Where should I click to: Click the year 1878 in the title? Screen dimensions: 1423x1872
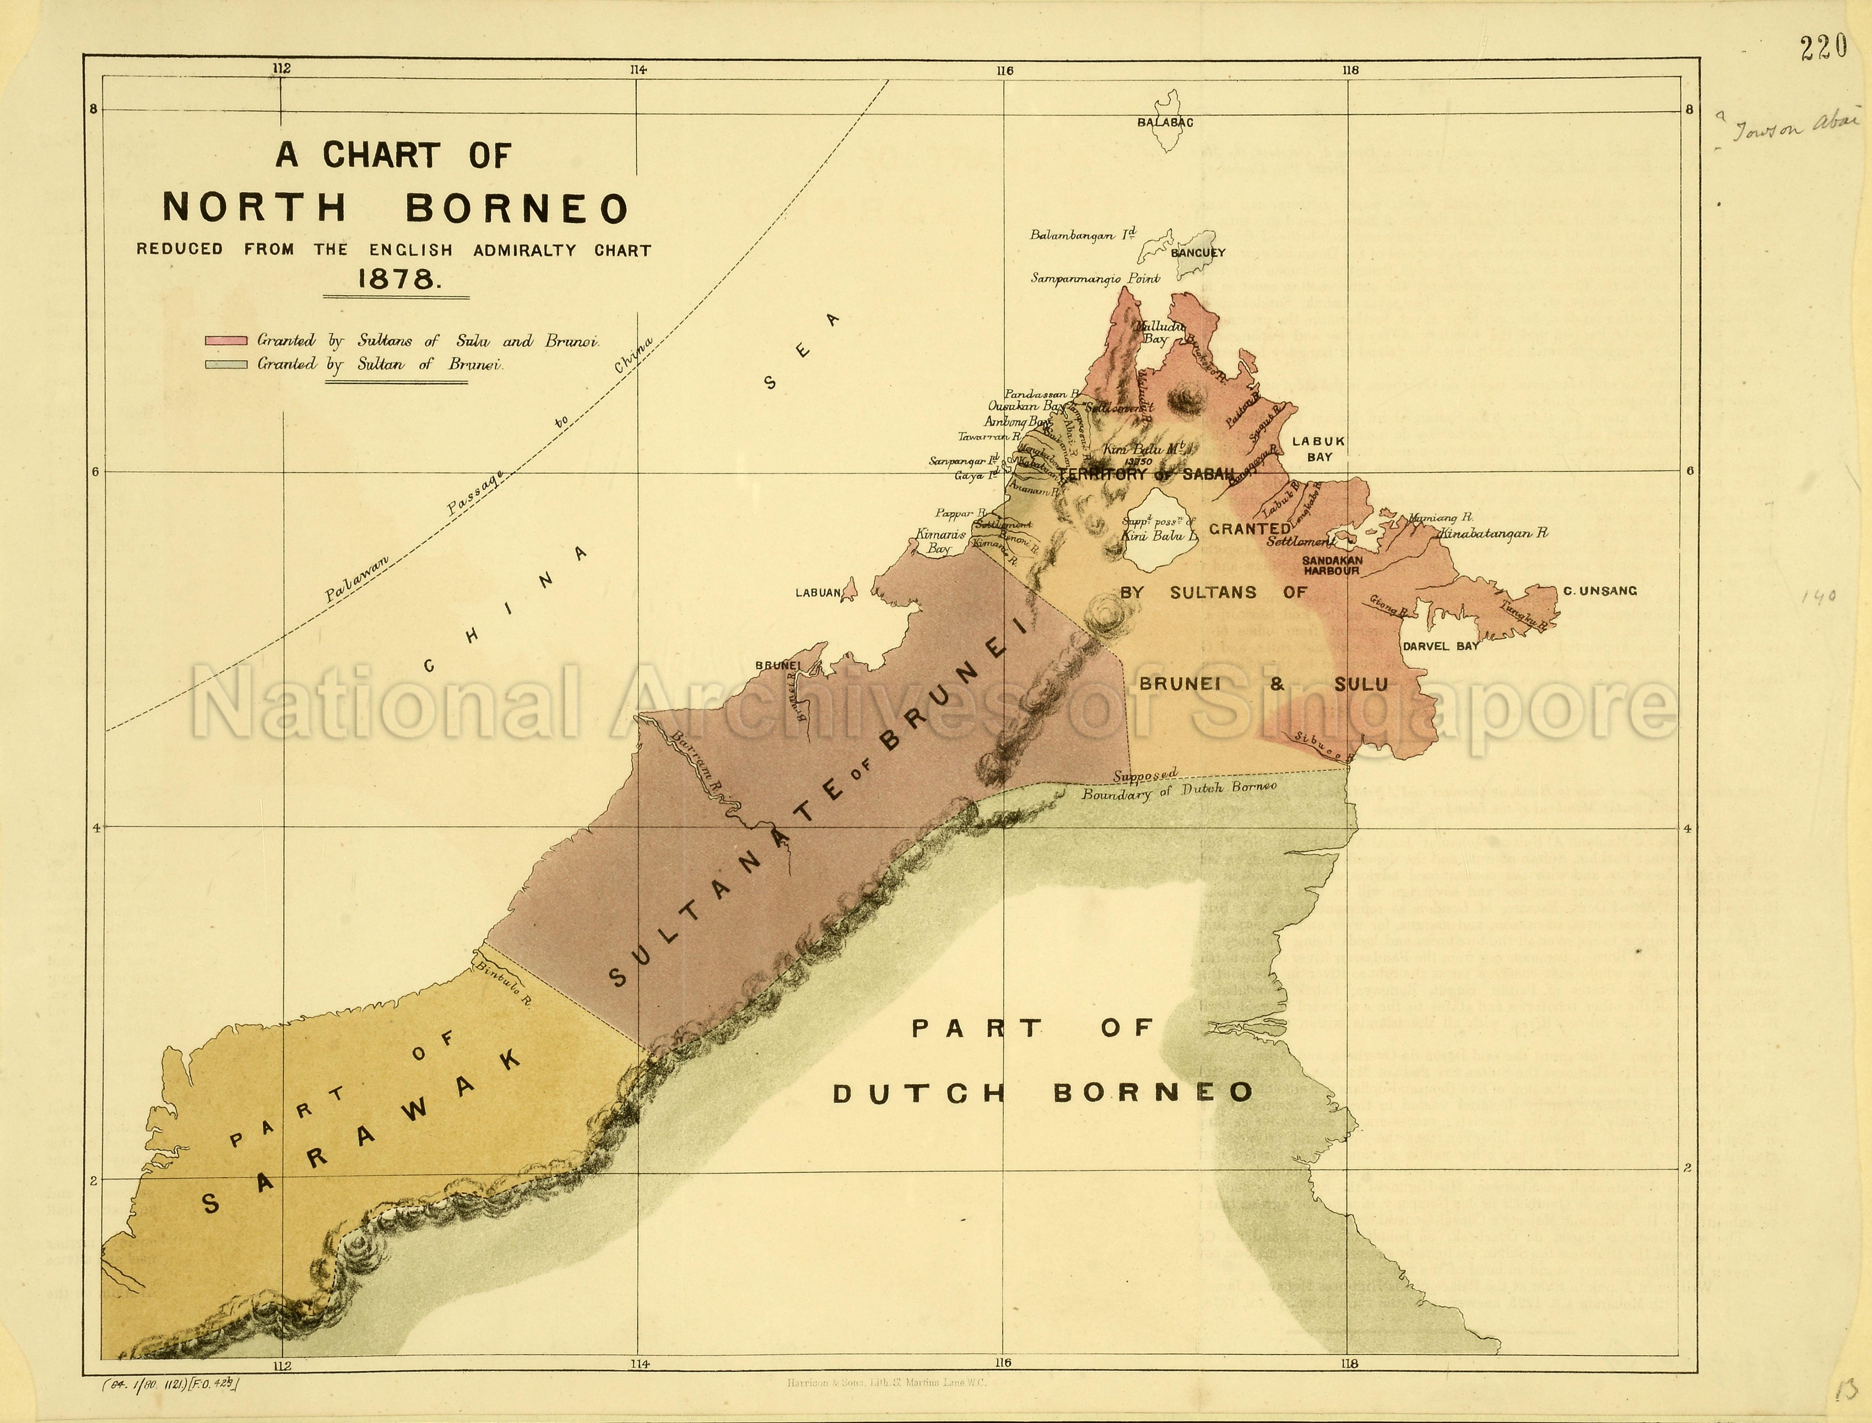pyautogui.click(x=397, y=280)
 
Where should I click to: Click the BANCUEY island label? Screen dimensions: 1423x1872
pyautogui.click(x=1198, y=252)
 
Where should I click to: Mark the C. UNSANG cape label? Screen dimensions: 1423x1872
pyautogui.click(x=1599, y=591)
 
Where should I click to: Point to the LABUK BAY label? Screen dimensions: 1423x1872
pyautogui.click(x=1318, y=449)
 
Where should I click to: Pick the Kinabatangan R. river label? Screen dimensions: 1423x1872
pyautogui.click(x=1492, y=534)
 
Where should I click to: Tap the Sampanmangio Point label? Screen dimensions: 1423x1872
pyautogui.click(x=1094, y=278)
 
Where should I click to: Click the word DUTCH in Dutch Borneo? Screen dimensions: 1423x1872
pyautogui.click(x=919, y=1094)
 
